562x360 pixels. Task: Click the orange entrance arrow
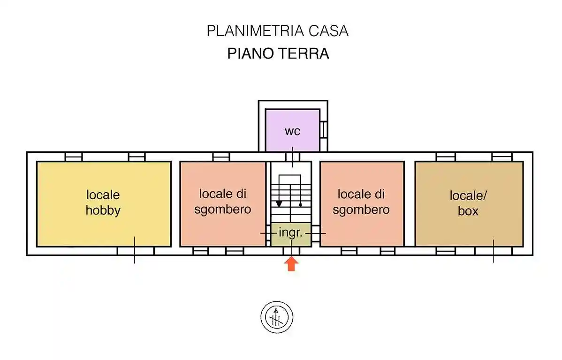click(x=291, y=264)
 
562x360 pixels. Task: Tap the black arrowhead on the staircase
click(x=279, y=204)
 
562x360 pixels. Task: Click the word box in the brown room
click(x=468, y=211)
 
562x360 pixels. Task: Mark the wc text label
click(x=293, y=131)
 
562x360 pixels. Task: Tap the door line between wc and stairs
click(x=293, y=157)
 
